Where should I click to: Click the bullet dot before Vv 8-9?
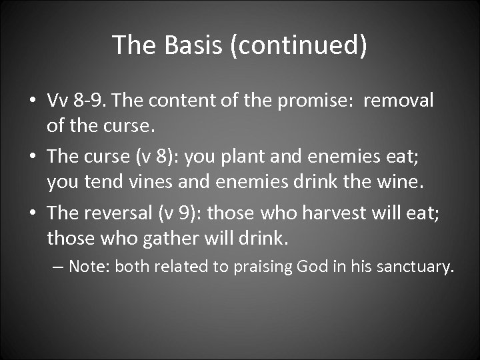point(32,101)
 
